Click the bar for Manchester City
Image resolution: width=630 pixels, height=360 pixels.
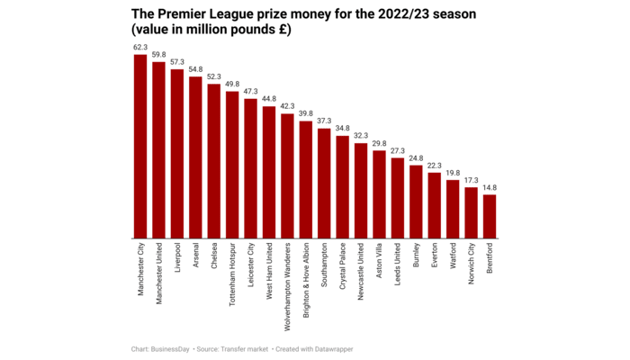click(x=140, y=147)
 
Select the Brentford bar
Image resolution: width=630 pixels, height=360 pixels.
click(x=490, y=216)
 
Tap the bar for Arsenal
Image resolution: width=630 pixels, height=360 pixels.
click(x=195, y=157)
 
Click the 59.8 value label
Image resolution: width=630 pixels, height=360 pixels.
click(x=158, y=55)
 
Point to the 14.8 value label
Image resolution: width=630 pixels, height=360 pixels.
click(x=490, y=188)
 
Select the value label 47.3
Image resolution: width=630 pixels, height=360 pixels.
click(x=250, y=92)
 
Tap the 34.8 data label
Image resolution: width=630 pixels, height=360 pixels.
click(x=342, y=129)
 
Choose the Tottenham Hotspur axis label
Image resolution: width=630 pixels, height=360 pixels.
click(x=232, y=274)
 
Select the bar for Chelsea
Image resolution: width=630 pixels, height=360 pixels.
click(x=213, y=161)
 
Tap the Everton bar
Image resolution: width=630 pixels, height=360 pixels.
click(x=435, y=205)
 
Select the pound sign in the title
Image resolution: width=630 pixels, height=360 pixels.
click(x=283, y=31)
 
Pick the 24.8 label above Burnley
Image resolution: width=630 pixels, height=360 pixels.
click(x=416, y=158)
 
